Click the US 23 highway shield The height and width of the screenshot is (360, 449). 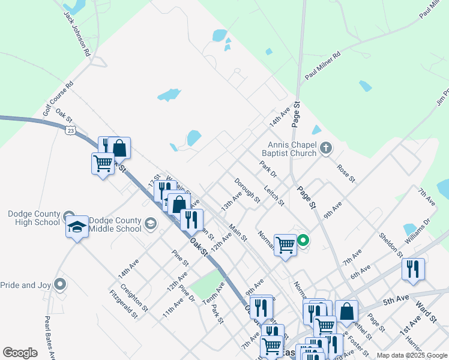tap(71, 129)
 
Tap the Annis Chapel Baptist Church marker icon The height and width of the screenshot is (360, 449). tap(325, 148)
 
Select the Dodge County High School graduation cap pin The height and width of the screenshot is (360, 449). tap(77, 227)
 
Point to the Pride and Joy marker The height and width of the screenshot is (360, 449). tap(59, 284)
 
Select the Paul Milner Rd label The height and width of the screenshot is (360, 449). tap(322, 66)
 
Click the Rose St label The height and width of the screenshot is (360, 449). tap(346, 173)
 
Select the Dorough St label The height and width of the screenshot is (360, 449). tap(247, 190)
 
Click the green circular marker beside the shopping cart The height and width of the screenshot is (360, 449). tap(303, 241)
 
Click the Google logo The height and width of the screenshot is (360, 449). tap(20, 353)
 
